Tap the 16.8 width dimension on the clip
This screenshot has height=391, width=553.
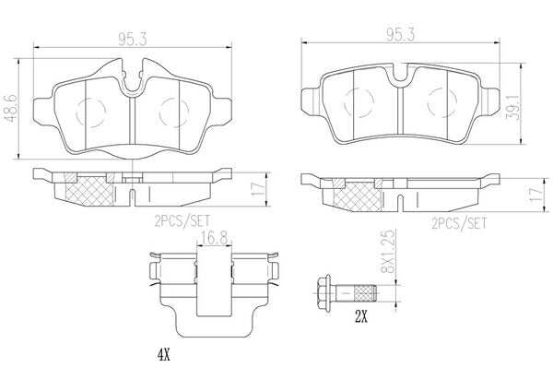tap(214, 237)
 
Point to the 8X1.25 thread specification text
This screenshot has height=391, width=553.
tap(390, 252)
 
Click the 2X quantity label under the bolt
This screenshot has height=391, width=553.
tap(361, 318)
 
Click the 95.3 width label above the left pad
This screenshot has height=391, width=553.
tap(132, 40)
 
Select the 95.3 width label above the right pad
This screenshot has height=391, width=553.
tap(400, 35)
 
